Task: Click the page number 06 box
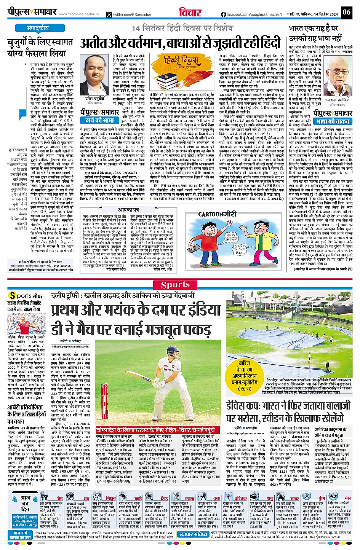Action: tap(346, 12)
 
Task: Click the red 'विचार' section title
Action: tap(190, 12)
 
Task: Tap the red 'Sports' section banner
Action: tap(175, 285)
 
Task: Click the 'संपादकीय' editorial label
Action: tap(38, 28)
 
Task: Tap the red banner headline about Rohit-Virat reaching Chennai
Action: tap(158, 429)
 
